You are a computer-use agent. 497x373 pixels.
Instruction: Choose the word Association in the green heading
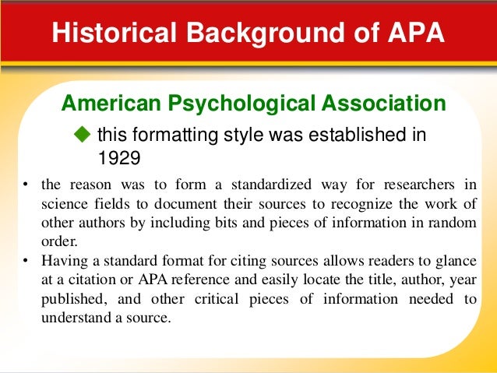[x=388, y=103]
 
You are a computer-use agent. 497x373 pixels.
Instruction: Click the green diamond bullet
[x=85, y=135]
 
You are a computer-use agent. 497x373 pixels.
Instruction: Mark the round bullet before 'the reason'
[x=25, y=185]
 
